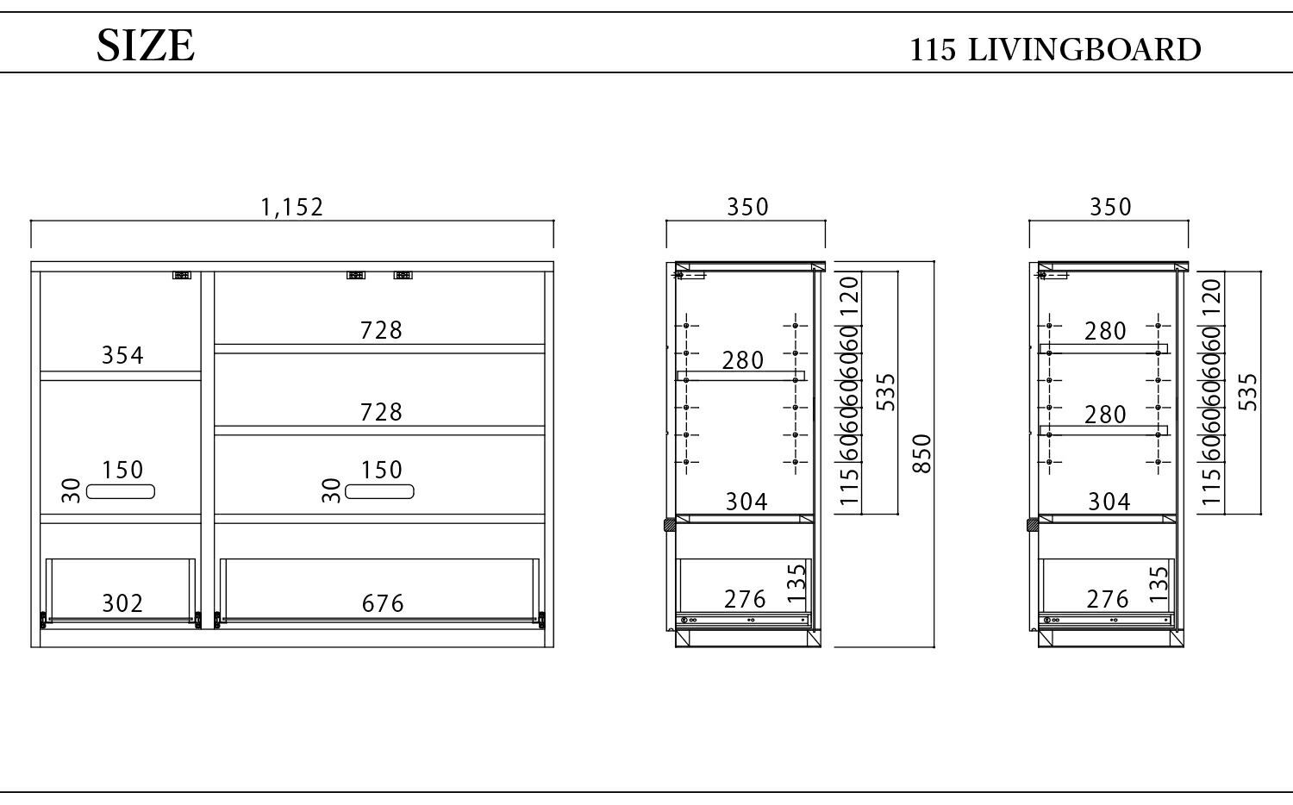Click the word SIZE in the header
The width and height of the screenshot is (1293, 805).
146,46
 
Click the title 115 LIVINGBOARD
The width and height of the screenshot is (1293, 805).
1055,50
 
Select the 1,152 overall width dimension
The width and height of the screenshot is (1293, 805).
291,207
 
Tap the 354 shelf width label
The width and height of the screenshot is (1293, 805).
122,355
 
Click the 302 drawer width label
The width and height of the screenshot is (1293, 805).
122,603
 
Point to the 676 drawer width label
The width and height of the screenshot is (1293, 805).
383,603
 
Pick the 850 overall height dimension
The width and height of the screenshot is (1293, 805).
921,453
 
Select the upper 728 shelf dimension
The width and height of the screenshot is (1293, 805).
381,330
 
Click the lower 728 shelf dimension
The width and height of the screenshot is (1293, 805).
381,412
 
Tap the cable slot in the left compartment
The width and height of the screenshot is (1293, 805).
121,491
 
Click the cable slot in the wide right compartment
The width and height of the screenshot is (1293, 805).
379,491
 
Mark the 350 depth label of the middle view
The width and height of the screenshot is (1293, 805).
747,207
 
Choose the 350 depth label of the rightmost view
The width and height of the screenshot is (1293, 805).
1110,207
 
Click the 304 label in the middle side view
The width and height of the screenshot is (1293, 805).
746,502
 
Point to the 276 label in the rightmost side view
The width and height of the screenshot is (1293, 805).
1108,600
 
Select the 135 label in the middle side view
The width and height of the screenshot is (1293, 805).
796,583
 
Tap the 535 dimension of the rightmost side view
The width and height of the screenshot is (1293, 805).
1248,392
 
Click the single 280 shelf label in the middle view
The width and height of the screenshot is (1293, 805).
743,360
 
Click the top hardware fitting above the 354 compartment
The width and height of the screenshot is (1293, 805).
182,275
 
